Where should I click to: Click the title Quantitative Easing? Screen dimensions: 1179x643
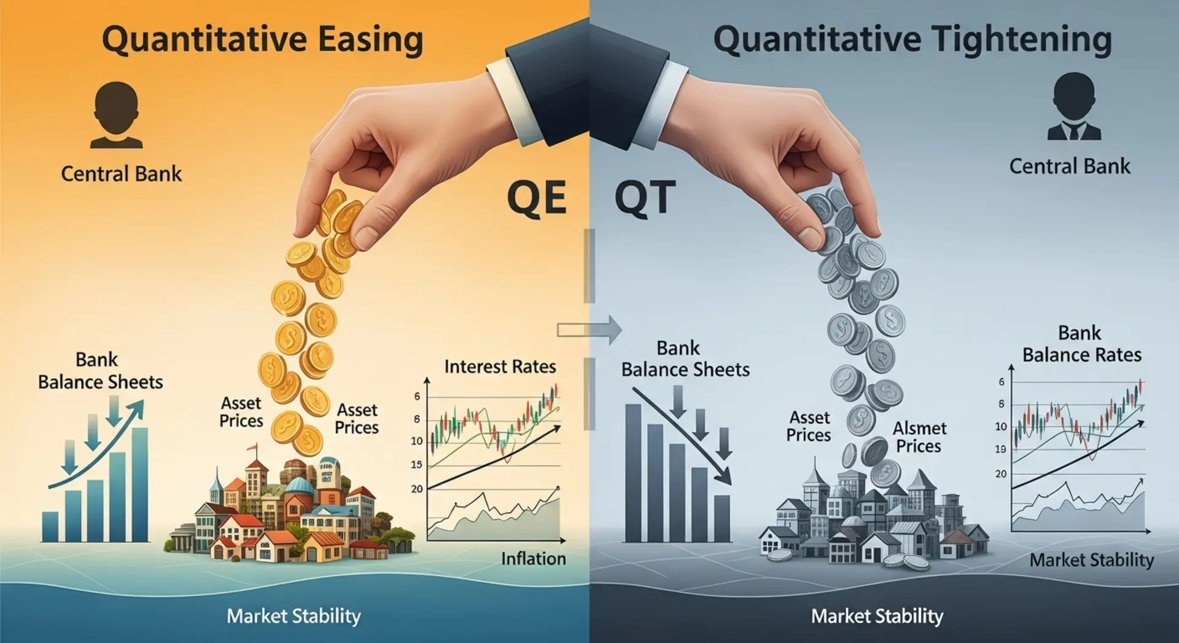262,39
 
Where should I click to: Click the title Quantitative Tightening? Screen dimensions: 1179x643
912,39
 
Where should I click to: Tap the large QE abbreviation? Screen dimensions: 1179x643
537,198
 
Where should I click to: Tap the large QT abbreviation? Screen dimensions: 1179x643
645,198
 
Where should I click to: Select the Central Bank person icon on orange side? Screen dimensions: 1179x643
117,115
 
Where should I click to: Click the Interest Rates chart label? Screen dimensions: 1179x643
500,367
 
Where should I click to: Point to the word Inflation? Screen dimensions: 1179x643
533,558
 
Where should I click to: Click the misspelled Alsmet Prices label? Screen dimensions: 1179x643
919,437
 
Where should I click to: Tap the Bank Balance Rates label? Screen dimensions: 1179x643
1081,344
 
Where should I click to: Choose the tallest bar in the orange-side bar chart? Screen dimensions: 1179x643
140,485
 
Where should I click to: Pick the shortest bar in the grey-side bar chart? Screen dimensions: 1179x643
722,518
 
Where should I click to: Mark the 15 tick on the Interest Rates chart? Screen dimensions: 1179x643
417,465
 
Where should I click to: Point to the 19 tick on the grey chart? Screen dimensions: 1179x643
1001,450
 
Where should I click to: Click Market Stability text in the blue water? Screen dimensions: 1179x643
294,616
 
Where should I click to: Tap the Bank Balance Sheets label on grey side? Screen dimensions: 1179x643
685,359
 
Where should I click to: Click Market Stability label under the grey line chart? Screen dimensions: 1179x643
1092,560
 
